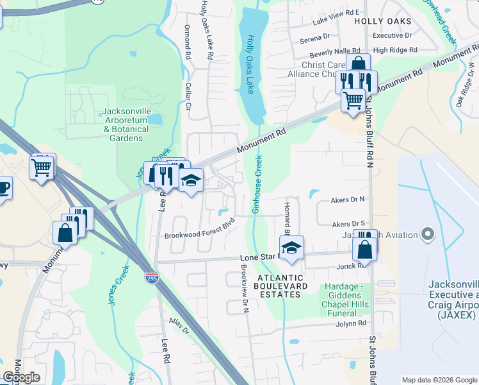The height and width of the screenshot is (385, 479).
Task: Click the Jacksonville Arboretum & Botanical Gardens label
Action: tap(125, 124)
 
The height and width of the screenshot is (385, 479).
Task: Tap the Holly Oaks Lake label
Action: tap(251, 64)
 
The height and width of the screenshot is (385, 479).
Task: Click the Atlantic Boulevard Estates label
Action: tap(279, 286)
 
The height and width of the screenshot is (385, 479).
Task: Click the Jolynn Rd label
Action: tap(350, 324)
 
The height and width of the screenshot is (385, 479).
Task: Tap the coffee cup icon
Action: tap(3, 189)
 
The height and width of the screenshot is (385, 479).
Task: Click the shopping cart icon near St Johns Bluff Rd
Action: tap(353, 100)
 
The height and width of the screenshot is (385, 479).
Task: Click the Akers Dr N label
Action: tap(347, 200)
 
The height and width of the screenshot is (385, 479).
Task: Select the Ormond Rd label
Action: tap(188, 44)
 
